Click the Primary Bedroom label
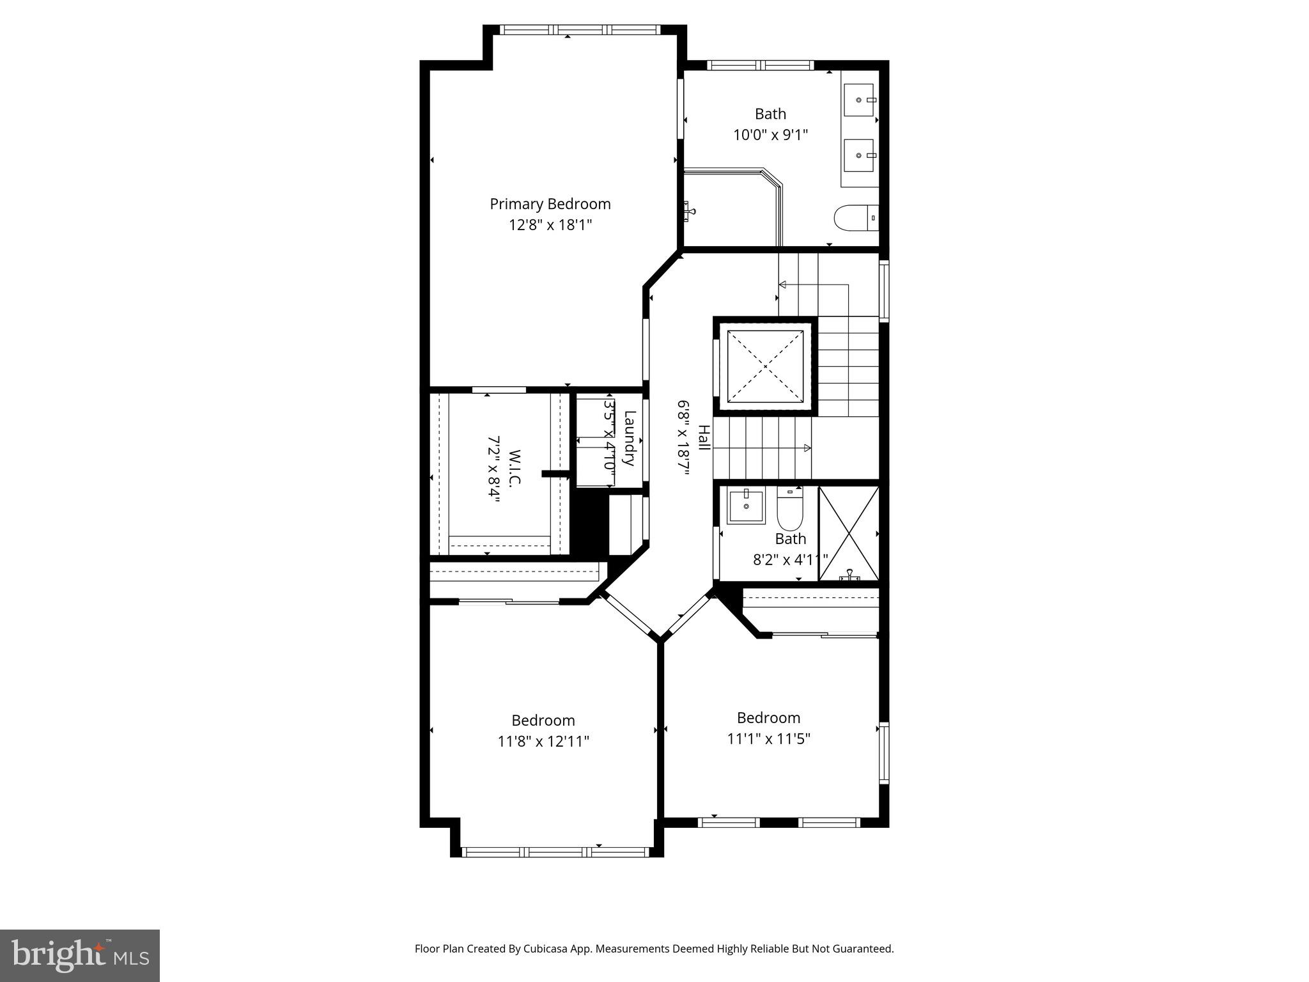click(550, 204)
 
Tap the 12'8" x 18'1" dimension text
click(550, 225)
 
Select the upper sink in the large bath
click(859, 100)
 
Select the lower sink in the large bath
click(859, 155)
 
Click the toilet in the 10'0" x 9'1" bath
click(855, 217)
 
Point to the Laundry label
click(629, 438)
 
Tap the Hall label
click(703, 438)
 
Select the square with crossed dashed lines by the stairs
click(765, 366)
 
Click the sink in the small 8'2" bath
click(746, 505)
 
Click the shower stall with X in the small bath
click(849, 534)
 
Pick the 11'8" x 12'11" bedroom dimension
click(543, 742)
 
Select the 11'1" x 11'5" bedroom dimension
click(768, 739)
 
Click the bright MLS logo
click(80, 955)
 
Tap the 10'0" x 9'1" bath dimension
click(770, 135)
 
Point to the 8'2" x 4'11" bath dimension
click(790, 560)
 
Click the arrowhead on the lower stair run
click(807, 448)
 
